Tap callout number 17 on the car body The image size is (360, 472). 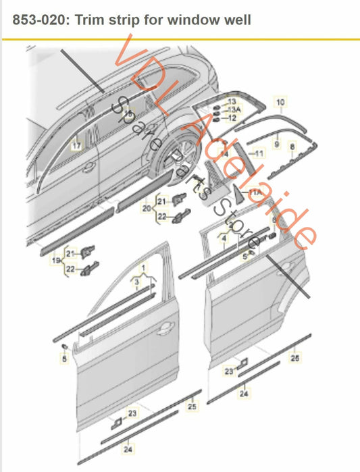point(76,145)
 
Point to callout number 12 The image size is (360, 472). point(232,117)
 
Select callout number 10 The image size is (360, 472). point(280,102)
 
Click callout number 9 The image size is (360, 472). point(276,144)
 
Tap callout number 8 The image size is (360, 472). point(292,146)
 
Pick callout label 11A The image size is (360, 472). point(255,193)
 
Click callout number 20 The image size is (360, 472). point(146,209)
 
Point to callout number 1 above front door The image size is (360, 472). point(143,269)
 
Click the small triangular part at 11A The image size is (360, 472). point(240,188)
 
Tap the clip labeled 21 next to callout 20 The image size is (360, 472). point(180,199)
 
